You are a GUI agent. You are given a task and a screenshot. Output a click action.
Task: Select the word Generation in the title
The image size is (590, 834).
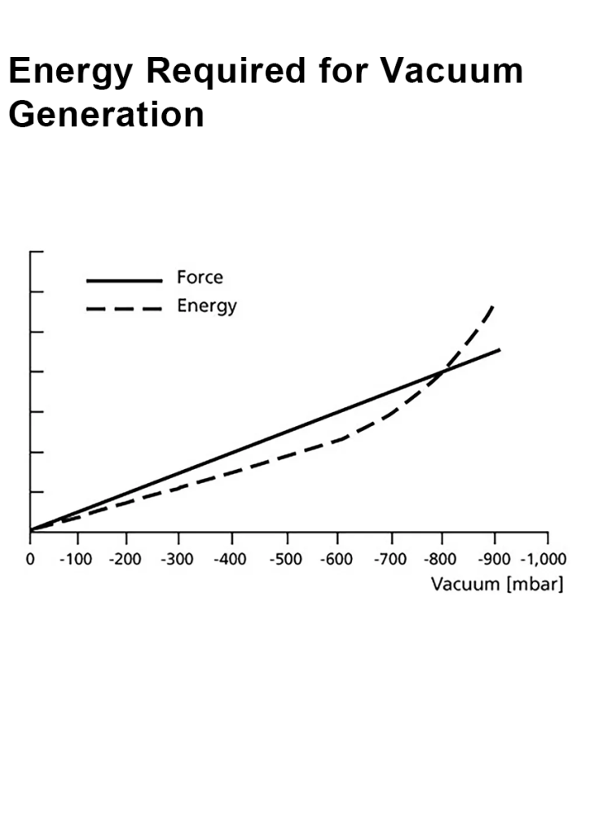tap(106, 114)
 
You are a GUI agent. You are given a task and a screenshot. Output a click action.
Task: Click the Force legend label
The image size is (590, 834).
tap(200, 278)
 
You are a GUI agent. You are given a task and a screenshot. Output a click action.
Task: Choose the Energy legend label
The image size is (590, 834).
tap(207, 306)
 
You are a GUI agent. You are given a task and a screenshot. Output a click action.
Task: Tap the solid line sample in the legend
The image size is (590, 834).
tap(124, 280)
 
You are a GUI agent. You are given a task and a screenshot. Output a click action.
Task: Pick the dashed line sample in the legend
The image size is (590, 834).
tap(124, 309)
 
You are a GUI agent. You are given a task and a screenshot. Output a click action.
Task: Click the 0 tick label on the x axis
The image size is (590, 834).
tap(30, 560)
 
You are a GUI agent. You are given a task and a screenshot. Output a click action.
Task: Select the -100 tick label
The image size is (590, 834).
tap(77, 560)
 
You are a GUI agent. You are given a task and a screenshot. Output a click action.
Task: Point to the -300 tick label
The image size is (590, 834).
tap(178, 560)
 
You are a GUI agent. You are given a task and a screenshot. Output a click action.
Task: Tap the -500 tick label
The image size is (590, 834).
tap(287, 560)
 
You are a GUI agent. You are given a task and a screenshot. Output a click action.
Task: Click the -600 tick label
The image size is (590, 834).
tap(337, 560)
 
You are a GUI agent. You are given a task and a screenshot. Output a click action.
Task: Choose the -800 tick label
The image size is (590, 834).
tap(442, 560)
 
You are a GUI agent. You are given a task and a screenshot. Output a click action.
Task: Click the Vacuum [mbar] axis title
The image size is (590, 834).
tap(497, 584)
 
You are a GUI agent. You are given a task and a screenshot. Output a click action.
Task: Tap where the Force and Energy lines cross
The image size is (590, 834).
tap(442, 372)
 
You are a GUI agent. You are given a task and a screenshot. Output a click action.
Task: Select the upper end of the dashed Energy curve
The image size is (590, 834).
tap(493, 305)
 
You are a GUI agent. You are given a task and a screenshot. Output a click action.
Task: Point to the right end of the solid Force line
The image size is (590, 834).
tap(499, 349)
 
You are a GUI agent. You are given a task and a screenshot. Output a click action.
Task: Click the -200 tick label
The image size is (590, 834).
tap(126, 560)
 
